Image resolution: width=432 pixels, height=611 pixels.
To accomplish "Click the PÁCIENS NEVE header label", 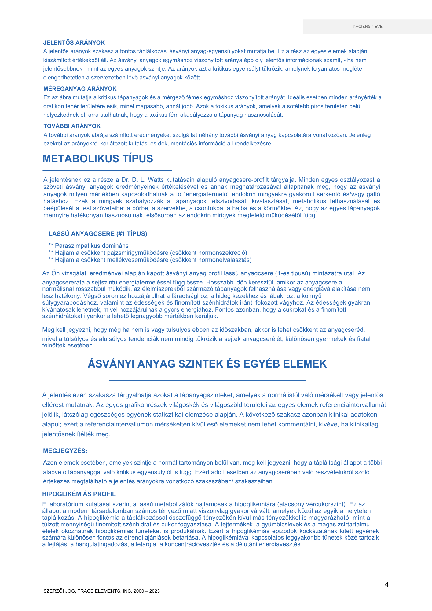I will [x=368, y=27].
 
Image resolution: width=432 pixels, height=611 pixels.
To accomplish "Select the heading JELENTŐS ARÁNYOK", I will [x=74, y=43].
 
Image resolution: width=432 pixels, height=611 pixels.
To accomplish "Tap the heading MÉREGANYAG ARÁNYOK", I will [x=80, y=89].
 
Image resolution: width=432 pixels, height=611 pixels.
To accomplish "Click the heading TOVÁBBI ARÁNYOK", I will [x=72, y=126].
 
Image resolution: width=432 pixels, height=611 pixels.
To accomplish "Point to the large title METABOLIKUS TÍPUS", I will [x=98, y=159].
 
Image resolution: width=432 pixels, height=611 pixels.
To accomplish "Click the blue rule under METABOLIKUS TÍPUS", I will [x=107, y=170].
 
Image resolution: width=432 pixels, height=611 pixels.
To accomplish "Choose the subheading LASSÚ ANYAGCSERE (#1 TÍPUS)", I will [x=98, y=234].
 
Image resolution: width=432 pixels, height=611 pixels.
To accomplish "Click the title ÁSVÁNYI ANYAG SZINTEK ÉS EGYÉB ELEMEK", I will [x=207, y=364].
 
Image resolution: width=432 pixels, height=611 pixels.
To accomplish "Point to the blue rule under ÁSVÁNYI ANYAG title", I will [x=207, y=380].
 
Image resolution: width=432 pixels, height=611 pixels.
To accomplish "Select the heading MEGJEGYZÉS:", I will [x=65, y=451].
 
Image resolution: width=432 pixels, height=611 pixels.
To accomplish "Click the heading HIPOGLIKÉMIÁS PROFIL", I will [x=79, y=494].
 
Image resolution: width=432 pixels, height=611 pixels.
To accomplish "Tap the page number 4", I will [x=386, y=584].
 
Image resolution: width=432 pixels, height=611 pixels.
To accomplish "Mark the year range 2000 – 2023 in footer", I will [x=146, y=591].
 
